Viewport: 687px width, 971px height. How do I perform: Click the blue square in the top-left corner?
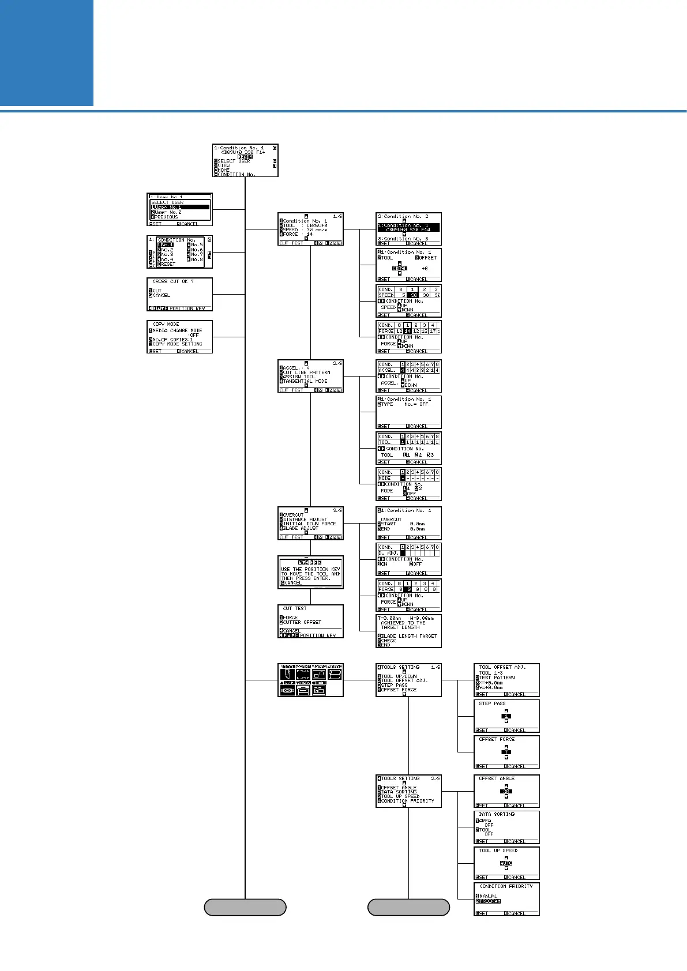tap(46, 52)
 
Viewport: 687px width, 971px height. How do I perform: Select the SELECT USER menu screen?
tap(179, 209)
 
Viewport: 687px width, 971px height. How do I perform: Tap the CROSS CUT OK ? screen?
tap(179, 294)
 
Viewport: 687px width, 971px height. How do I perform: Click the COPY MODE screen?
tap(179, 337)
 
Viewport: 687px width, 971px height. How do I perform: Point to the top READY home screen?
tap(245, 160)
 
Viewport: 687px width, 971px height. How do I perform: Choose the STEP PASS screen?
tap(506, 716)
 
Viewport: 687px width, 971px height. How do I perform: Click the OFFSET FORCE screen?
tap(506, 752)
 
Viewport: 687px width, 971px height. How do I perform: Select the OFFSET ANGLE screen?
tap(506, 791)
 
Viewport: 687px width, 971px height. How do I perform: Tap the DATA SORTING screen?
tap(506, 827)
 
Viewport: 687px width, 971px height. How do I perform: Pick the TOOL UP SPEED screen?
tap(506, 863)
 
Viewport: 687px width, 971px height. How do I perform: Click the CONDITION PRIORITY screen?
tap(506, 900)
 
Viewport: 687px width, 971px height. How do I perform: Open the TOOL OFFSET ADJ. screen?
tap(506, 680)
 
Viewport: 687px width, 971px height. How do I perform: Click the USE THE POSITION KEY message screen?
tap(310, 573)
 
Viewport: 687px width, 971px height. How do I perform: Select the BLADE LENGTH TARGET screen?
tap(408, 631)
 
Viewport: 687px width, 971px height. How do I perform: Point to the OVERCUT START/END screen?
tap(408, 524)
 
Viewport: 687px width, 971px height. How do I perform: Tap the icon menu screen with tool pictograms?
tap(310, 680)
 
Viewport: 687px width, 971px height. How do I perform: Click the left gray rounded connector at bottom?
tap(245, 907)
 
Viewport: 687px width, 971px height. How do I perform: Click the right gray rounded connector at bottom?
tap(408, 907)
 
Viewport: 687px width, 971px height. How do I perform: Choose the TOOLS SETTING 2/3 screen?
tap(408, 791)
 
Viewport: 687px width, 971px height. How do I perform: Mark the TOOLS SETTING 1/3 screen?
tap(408, 680)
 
